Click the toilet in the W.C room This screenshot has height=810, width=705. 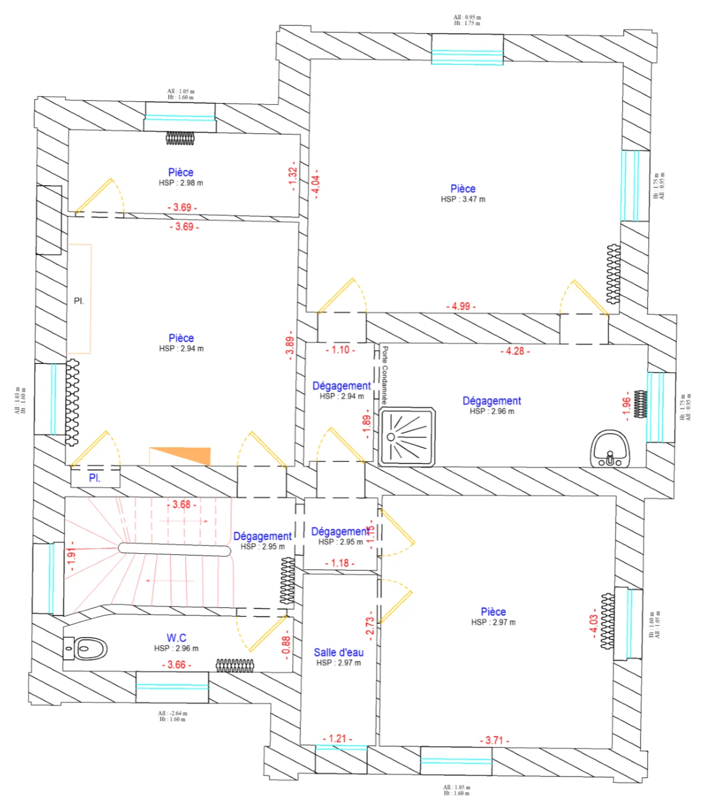click(87, 648)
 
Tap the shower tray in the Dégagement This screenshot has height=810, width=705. click(407, 437)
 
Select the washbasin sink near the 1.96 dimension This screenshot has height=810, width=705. click(610, 449)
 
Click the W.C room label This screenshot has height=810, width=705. click(176, 638)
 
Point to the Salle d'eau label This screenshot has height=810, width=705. click(338, 652)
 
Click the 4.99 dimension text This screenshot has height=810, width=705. click(461, 306)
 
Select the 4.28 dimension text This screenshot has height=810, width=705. click(515, 351)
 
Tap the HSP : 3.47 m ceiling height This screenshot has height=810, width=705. click(463, 199)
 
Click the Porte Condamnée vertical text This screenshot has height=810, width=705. click(385, 375)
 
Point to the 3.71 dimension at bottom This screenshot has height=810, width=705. click(494, 740)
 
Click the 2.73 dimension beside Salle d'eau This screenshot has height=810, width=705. click(370, 626)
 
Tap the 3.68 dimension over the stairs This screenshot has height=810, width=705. click(182, 505)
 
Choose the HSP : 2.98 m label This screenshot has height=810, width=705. click(180, 183)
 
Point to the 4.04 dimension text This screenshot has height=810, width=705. click(316, 187)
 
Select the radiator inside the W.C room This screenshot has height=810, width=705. click(235, 665)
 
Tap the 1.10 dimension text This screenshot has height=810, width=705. click(340, 350)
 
